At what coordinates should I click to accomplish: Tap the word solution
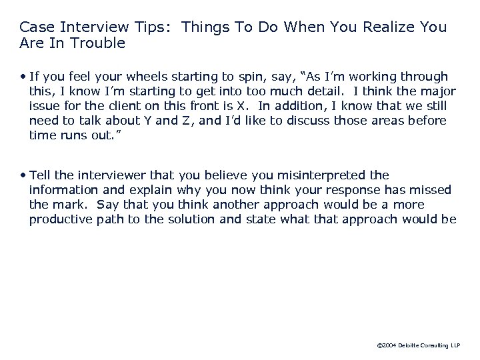pos(189,219)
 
